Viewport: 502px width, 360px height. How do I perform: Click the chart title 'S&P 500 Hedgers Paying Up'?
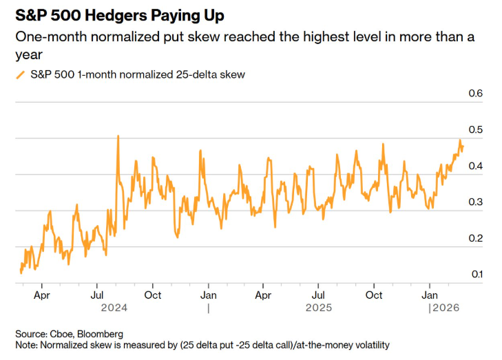(x=120, y=15)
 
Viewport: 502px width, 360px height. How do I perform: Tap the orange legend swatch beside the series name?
(x=21, y=75)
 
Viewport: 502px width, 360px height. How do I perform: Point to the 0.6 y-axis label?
(x=475, y=93)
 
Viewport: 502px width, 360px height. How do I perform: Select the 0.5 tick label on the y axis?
(x=475, y=129)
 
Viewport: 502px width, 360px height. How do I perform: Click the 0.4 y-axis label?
(x=475, y=166)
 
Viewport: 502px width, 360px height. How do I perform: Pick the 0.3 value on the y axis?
(x=475, y=202)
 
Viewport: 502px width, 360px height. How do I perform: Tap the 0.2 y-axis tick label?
(x=475, y=238)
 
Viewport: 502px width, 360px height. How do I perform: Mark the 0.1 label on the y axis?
(x=477, y=274)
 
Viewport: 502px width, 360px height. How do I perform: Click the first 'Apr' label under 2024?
(x=42, y=295)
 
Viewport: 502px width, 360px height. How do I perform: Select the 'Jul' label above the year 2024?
(x=96, y=295)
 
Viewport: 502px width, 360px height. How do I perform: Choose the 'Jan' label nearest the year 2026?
(x=429, y=295)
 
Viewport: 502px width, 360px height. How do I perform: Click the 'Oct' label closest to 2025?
(x=374, y=295)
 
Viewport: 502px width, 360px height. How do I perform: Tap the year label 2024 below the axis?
(x=114, y=308)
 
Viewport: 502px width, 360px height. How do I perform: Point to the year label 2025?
(x=319, y=308)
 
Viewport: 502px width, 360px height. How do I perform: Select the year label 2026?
(x=446, y=308)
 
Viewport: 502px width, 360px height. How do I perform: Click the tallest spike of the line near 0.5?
(x=118, y=136)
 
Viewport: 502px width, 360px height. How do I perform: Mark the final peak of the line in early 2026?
(x=460, y=140)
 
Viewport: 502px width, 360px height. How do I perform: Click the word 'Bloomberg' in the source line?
(x=101, y=334)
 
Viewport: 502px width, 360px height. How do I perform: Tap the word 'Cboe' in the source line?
(x=62, y=334)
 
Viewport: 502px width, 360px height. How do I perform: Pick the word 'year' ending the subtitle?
(x=29, y=55)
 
